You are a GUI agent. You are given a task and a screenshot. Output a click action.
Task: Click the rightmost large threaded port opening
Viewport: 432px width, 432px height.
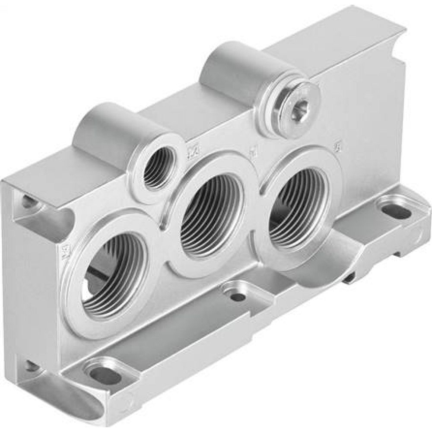click(298, 207)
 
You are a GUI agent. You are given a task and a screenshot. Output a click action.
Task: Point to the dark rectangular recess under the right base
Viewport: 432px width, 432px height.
click(348, 280)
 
